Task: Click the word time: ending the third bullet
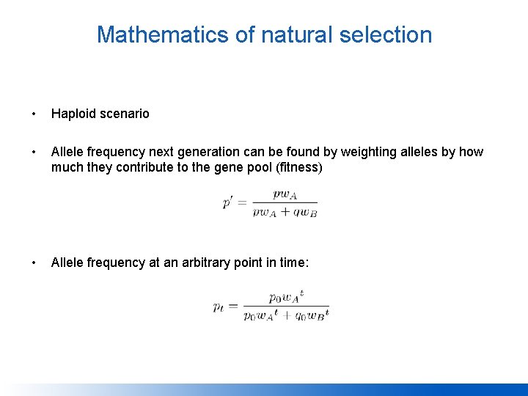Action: (x=293, y=263)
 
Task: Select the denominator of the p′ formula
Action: (x=285, y=212)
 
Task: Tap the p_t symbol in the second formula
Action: (x=219, y=307)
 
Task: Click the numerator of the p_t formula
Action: (x=286, y=297)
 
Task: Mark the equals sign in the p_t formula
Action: (x=234, y=307)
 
